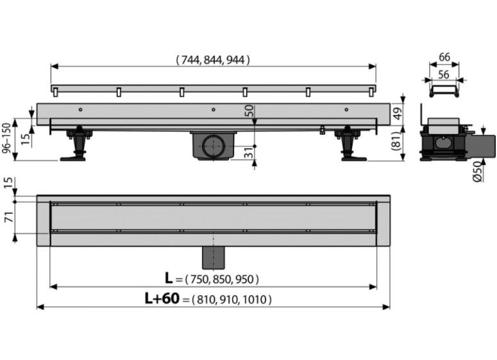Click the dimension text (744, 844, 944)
(x=213, y=60)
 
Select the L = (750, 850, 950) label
(x=212, y=279)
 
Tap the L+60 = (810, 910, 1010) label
(x=208, y=299)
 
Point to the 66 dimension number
(x=444, y=57)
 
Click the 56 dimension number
(x=443, y=74)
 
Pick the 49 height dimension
(x=397, y=113)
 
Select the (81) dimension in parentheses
(x=398, y=141)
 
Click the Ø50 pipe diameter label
(x=478, y=171)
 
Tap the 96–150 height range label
(x=6, y=139)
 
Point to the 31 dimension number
(x=249, y=152)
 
